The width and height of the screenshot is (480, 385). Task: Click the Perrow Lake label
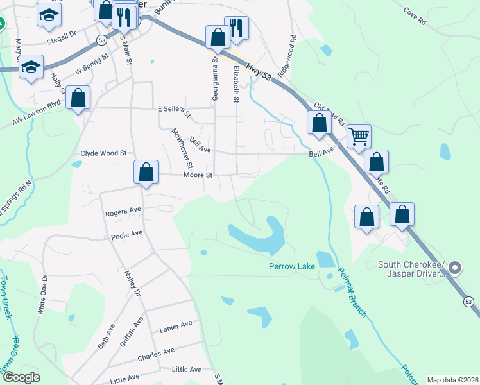tap(292, 266)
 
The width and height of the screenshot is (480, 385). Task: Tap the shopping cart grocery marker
tap(359, 135)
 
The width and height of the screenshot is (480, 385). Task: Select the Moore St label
tap(198, 175)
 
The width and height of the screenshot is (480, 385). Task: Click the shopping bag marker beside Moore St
tap(146, 172)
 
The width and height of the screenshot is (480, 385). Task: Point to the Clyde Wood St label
tap(104, 154)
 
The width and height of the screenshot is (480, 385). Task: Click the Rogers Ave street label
tap(123, 210)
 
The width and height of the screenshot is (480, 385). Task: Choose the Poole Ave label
tap(126, 235)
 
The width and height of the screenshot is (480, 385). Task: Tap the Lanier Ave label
tap(176, 327)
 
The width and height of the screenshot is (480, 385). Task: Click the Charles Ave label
tap(156, 353)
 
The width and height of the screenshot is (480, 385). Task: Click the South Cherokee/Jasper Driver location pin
tap(455, 268)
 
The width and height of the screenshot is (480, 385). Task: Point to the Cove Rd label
tap(416, 16)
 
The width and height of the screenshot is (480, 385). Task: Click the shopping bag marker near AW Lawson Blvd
tap(78, 98)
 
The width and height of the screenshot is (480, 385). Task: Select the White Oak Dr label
tap(42, 295)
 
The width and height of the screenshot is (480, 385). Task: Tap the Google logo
tap(21, 377)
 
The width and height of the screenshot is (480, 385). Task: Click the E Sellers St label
tap(175, 110)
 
